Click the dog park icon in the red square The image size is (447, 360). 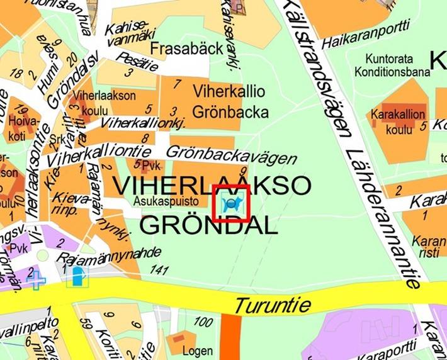click(x=232, y=203)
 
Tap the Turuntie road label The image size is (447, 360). click(x=273, y=306)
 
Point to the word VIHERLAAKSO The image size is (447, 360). click(x=212, y=185)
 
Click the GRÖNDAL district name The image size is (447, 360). click(x=208, y=224)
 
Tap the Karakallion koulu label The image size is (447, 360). click(x=398, y=121)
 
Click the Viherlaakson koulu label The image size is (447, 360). click(x=96, y=102)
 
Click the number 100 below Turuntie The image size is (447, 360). click(x=203, y=322)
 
